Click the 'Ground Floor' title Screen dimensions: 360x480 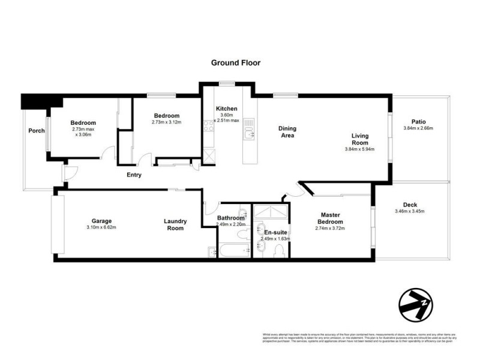(x=235, y=62)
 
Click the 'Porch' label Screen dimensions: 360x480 (x=36, y=130)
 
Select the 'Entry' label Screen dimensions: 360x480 (x=134, y=175)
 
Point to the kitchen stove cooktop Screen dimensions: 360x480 (x=209, y=125)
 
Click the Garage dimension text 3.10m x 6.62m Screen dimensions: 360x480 (x=101, y=227)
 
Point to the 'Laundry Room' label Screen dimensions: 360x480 (x=175, y=224)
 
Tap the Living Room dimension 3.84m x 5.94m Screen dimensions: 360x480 (x=359, y=149)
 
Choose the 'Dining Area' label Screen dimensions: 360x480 (x=288, y=131)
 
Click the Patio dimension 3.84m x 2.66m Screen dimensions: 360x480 (x=418, y=128)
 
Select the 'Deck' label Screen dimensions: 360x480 (x=410, y=205)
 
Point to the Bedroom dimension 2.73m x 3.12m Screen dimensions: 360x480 (x=166, y=122)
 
